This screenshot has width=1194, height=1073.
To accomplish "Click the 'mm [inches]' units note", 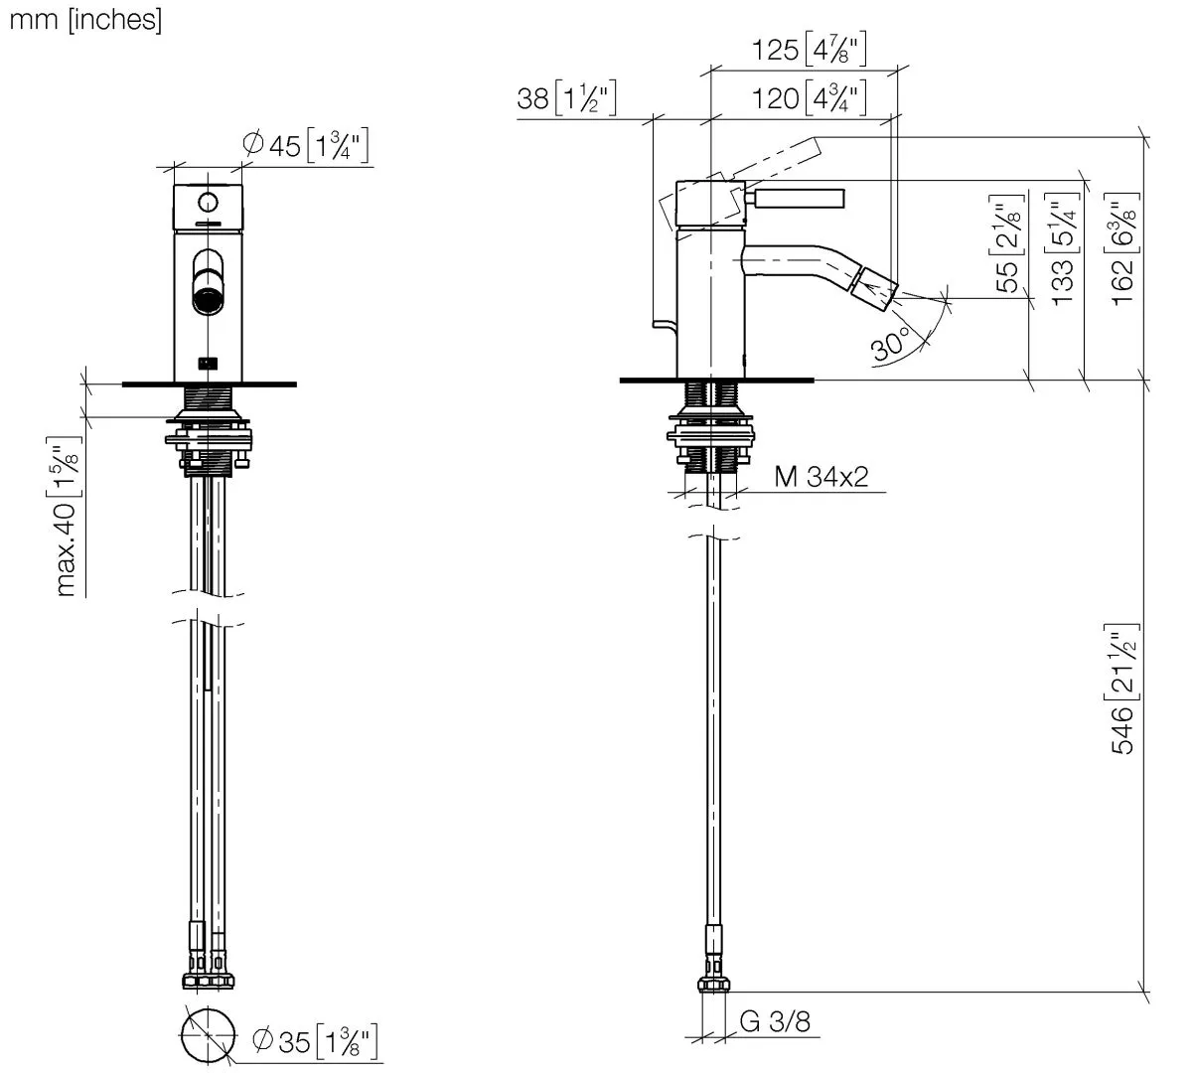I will [x=84, y=19].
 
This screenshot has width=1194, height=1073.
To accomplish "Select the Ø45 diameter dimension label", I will [x=306, y=146].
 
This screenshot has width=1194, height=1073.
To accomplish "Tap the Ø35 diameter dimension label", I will [x=316, y=1042].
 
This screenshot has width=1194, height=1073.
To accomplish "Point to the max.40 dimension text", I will [x=67, y=516].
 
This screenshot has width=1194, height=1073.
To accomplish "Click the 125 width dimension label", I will [x=806, y=50].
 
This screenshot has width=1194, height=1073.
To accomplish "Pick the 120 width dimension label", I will [x=806, y=97].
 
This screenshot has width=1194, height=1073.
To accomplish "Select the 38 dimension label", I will [x=567, y=98].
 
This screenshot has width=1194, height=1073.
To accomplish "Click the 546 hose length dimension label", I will [x=1122, y=688].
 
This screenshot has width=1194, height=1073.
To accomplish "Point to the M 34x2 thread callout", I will [x=821, y=477].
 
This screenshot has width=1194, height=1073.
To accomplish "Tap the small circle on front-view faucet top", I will [x=208, y=203].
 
